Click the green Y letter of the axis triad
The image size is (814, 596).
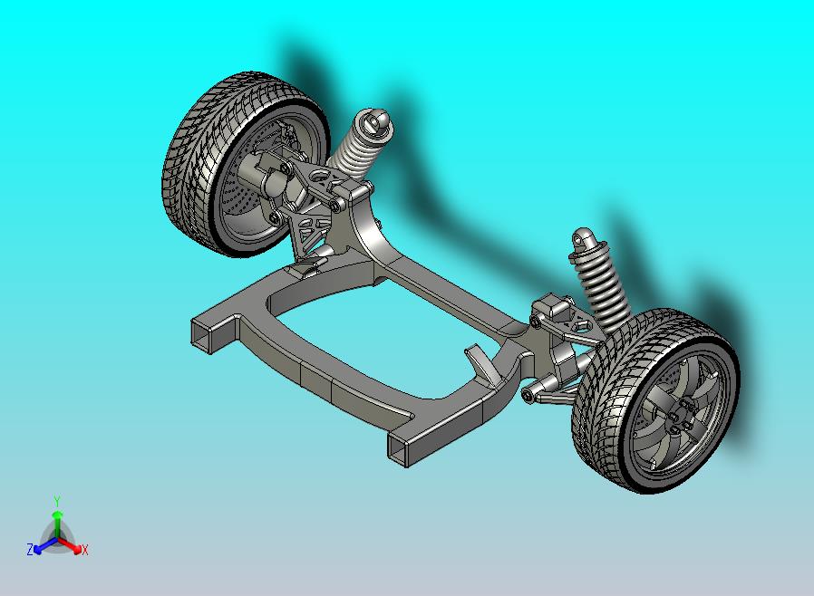[x=57, y=501]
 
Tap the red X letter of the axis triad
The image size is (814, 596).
[x=84, y=549]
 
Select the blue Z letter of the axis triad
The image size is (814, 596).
[x=29, y=549]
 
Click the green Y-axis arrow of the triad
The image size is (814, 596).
[x=57, y=520]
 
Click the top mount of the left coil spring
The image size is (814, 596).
[x=373, y=122]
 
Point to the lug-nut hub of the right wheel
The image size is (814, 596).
[x=683, y=418]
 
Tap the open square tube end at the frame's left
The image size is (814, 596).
[x=203, y=334]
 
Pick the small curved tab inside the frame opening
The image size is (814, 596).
[x=481, y=360]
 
